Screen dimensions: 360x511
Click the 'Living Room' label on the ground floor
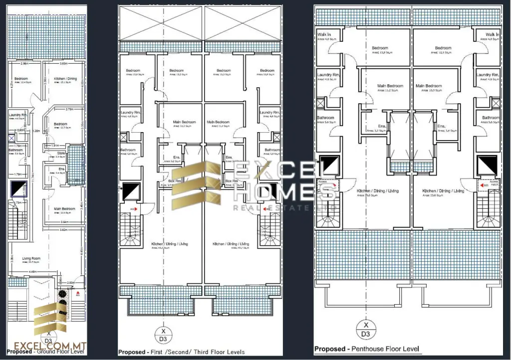coord(30,258)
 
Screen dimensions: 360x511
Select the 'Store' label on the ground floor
coord(61,153)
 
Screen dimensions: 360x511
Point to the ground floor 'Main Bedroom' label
coord(65,208)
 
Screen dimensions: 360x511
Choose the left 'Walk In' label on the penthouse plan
coord(325,34)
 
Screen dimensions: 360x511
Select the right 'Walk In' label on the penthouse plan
coord(492,34)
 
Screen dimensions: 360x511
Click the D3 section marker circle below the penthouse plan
coord(365,330)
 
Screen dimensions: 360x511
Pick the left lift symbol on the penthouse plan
coord(329,165)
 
